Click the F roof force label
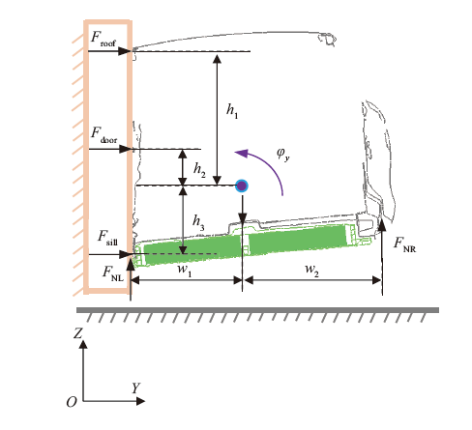coord(103,39)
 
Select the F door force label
coord(103,135)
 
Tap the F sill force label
coord(107,239)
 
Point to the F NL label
coord(112,273)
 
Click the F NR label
coord(405,244)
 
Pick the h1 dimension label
coord(232,111)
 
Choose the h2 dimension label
coord(199,170)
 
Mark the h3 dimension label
coord(198,223)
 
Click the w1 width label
coord(185,270)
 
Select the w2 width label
coord(311,270)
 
